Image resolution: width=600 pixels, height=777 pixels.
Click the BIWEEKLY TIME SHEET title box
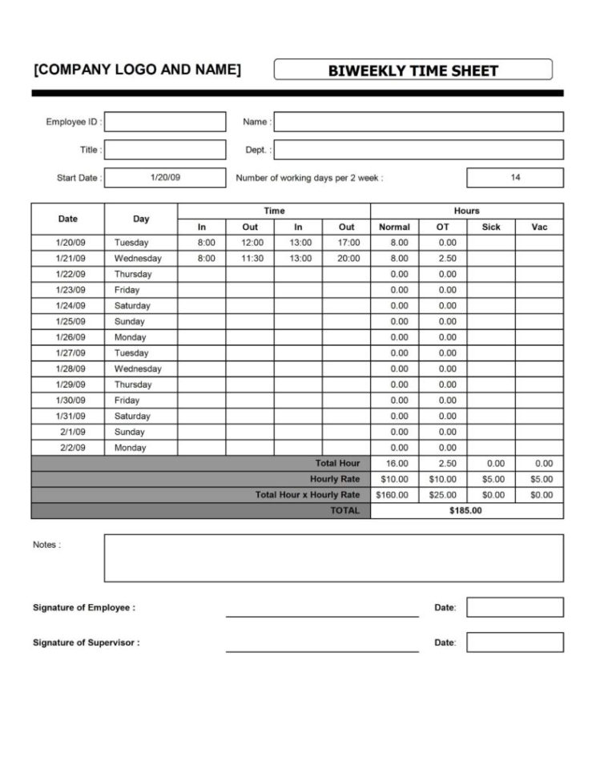point(413,70)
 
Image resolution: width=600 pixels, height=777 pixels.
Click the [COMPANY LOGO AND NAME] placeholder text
point(136,70)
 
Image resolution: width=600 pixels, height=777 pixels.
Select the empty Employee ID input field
point(165,122)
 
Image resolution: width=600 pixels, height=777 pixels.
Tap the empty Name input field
point(418,122)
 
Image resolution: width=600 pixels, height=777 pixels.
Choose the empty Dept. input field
point(418,150)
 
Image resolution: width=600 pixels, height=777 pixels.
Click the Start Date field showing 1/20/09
point(165,178)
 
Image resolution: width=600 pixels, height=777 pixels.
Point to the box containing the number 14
point(514,178)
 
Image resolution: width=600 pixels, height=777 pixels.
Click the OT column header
point(442,227)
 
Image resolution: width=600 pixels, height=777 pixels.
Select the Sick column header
point(490,227)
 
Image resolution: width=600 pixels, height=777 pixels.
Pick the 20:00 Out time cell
point(346,258)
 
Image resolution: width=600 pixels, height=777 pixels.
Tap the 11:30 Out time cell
point(250,258)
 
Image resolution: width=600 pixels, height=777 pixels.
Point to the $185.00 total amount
point(466,511)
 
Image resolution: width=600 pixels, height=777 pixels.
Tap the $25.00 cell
point(442,495)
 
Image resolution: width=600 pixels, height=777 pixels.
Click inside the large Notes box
point(333,558)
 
